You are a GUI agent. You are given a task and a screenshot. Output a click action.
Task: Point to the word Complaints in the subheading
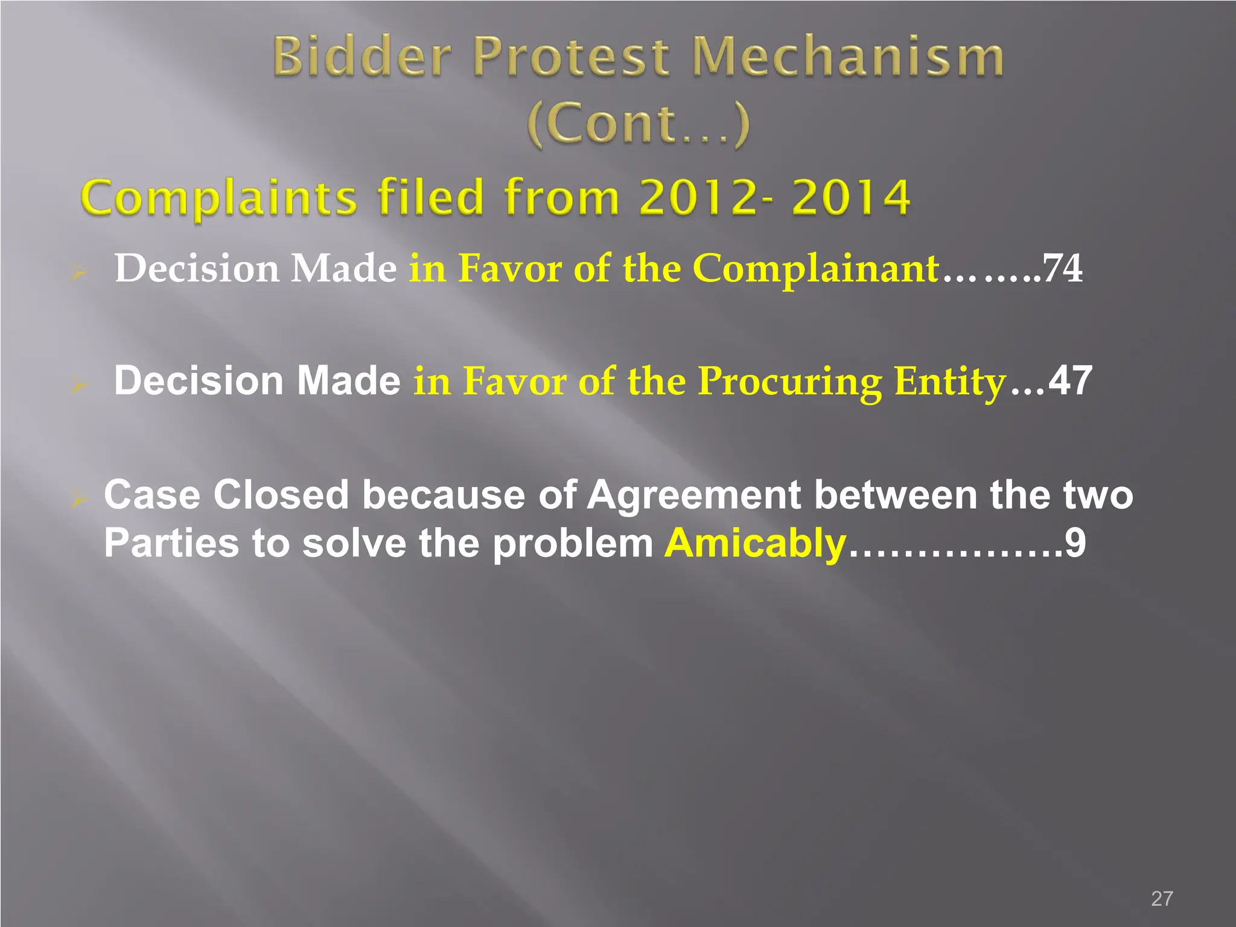pyautogui.click(x=219, y=197)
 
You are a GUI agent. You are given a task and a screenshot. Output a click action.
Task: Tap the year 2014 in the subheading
pyautogui.click(x=850, y=197)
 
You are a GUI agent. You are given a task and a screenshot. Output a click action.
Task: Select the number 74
pyautogui.click(x=1063, y=268)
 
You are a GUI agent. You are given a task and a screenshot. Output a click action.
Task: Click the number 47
pyautogui.click(x=1070, y=381)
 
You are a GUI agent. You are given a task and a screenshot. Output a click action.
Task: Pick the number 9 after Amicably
pyautogui.click(x=1075, y=543)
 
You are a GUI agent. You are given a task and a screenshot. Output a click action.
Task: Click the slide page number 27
pyautogui.click(x=1162, y=899)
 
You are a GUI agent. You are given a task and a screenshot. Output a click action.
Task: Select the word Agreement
pyautogui.click(x=695, y=495)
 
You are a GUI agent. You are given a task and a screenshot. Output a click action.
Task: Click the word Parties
pyautogui.click(x=171, y=543)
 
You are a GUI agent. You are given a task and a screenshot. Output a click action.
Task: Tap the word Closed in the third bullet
pyautogui.click(x=281, y=495)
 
